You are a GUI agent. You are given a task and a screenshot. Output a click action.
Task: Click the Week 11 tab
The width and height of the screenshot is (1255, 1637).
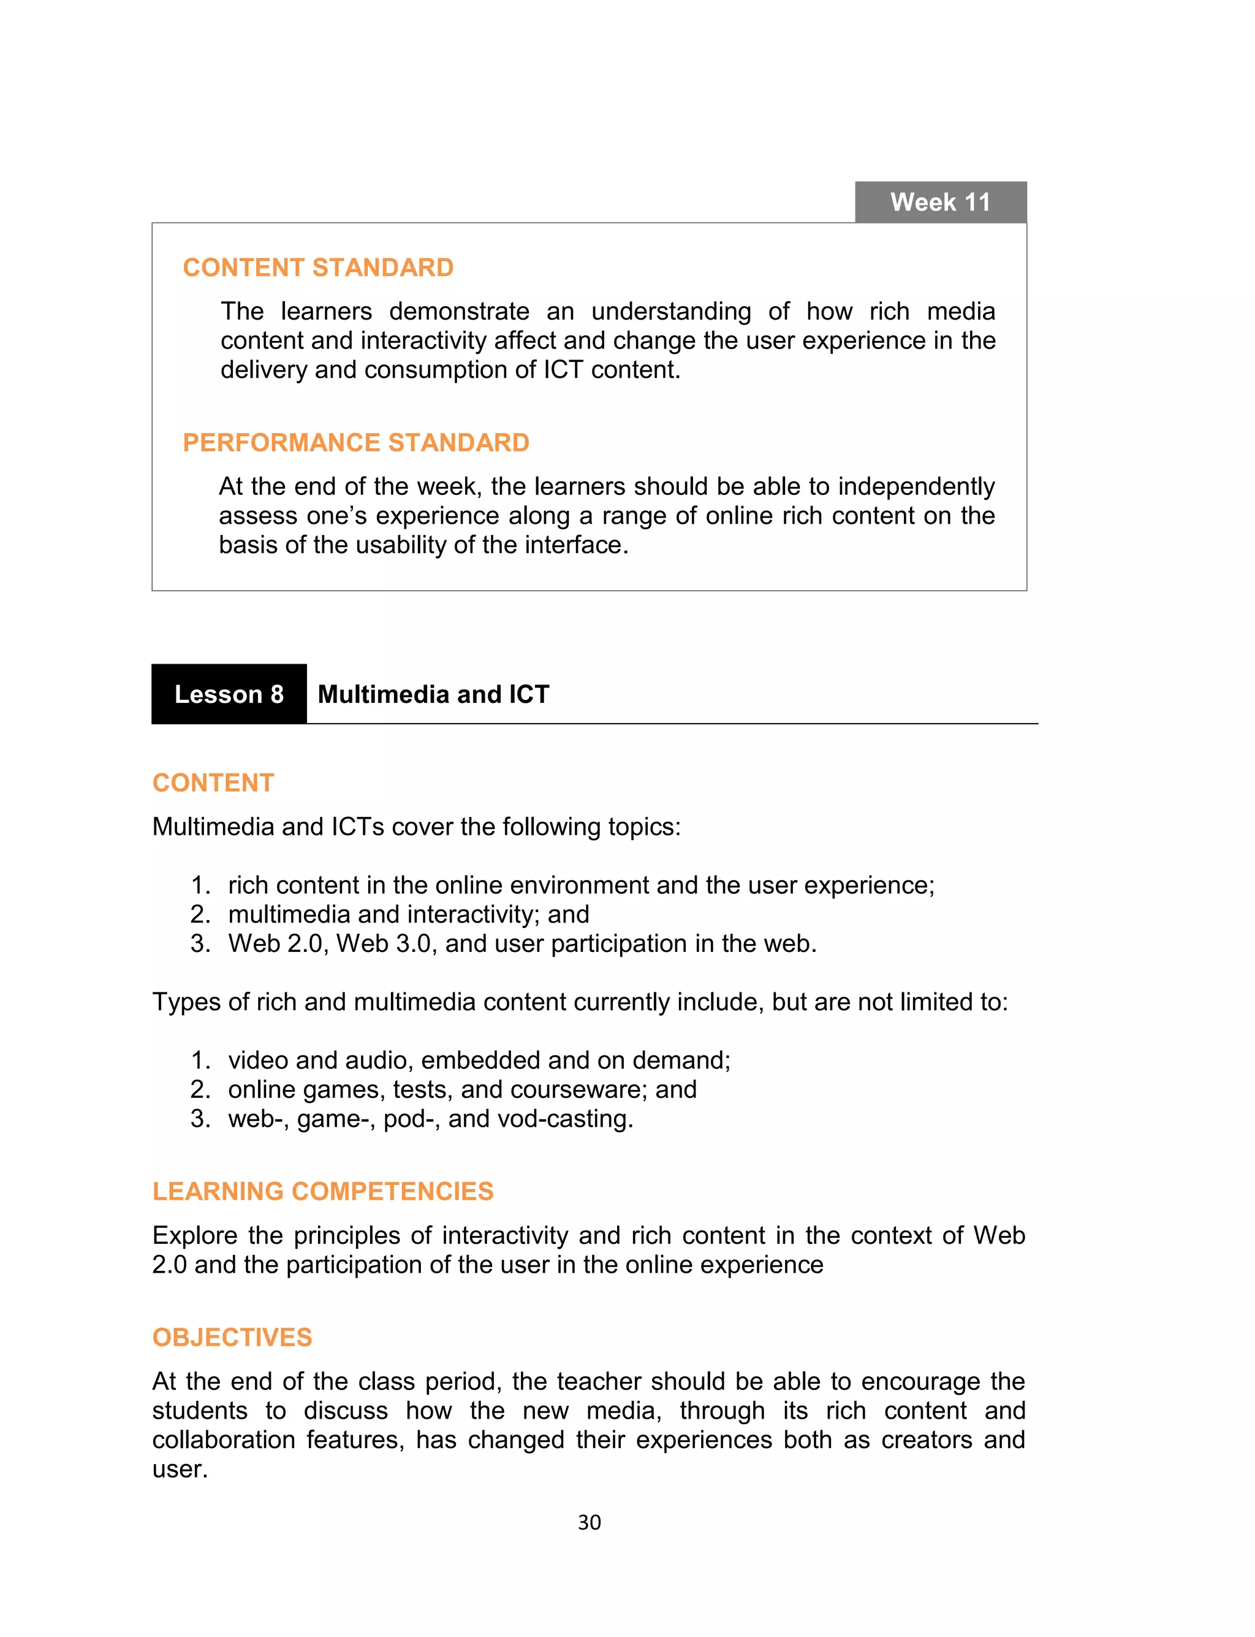coord(940,202)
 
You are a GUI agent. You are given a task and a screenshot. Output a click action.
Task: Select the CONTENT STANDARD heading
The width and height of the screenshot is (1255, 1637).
coord(318,267)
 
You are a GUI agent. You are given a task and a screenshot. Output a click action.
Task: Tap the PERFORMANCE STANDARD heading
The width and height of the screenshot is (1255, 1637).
coord(355,442)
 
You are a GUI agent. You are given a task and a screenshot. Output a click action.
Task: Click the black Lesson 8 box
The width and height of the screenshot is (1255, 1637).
coord(229,694)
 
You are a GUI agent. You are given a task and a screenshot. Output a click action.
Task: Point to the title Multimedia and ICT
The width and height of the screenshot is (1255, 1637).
coord(433,694)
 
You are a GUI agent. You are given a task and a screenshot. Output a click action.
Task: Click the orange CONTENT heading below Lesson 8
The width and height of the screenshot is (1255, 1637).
coord(213,783)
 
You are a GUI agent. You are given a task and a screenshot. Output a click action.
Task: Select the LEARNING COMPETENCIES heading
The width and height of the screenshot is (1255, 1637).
coord(323,1190)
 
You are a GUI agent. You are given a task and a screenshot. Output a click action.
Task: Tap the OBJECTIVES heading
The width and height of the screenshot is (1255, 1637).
coord(232,1337)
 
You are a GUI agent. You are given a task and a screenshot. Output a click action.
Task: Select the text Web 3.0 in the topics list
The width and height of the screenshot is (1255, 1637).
coord(383,943)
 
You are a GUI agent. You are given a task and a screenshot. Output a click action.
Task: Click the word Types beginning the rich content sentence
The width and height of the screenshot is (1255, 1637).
coord(186,1002)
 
